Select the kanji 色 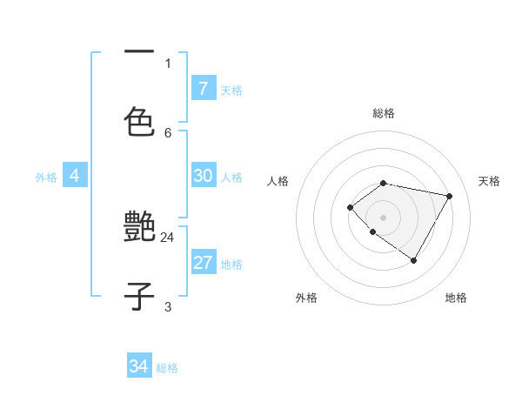coord(139,122)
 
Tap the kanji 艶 coord(139,228)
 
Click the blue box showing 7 coord(203,88)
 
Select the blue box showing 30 coord(203,176)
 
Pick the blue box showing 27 coord(203,263)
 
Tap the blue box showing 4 coord(75,176)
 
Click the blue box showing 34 coord(138,366)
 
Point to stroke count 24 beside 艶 coord(168,237)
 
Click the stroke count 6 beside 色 coord(168,132)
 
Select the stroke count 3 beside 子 coord(168,306)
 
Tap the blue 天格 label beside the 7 coord(231,91)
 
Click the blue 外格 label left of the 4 coord(46,178)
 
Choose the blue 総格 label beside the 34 coord(167,368)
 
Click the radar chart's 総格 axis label coord(384,113)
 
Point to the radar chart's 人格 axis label coord(278,181)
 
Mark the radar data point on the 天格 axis coord(449,196)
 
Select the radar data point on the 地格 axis coord(414,260)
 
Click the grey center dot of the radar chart coord(384,217)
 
